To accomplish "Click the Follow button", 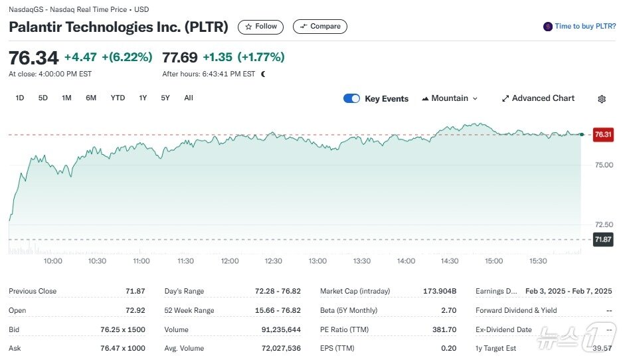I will pyautogui.click(x=260, y=27).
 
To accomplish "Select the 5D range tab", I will pyautogui.click(x=43, y=98).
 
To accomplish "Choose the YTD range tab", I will pyautogui.click(x=118, y=98).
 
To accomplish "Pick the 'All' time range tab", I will pyautogui.click(x=189, y=98).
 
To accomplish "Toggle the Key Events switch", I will pyautogui.click(x=351, y=98).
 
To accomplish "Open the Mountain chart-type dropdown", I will pyautogui.click(x=450, y=98).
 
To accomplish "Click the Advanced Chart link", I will pyautogui.click(x=538, y=98).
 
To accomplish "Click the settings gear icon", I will pyautogui.click(x=602, y=99).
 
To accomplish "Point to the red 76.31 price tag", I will pyautogui.click(x=603, y=134).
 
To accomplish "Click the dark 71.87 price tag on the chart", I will pyautogui.click(x=603, y=239).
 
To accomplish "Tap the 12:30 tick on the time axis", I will pyautogui.click(x=274, y=261).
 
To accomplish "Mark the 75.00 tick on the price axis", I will pyautogui.click(x=603, y=165).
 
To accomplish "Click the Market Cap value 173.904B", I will pyautogui.click(x=440, y=291).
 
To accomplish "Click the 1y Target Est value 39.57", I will pyautogui.click(x=602, y=348).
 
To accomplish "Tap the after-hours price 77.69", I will pyautogui.click(x=179, y=57).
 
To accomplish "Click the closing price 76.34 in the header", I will pyautogui.click(x=33, y=57).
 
